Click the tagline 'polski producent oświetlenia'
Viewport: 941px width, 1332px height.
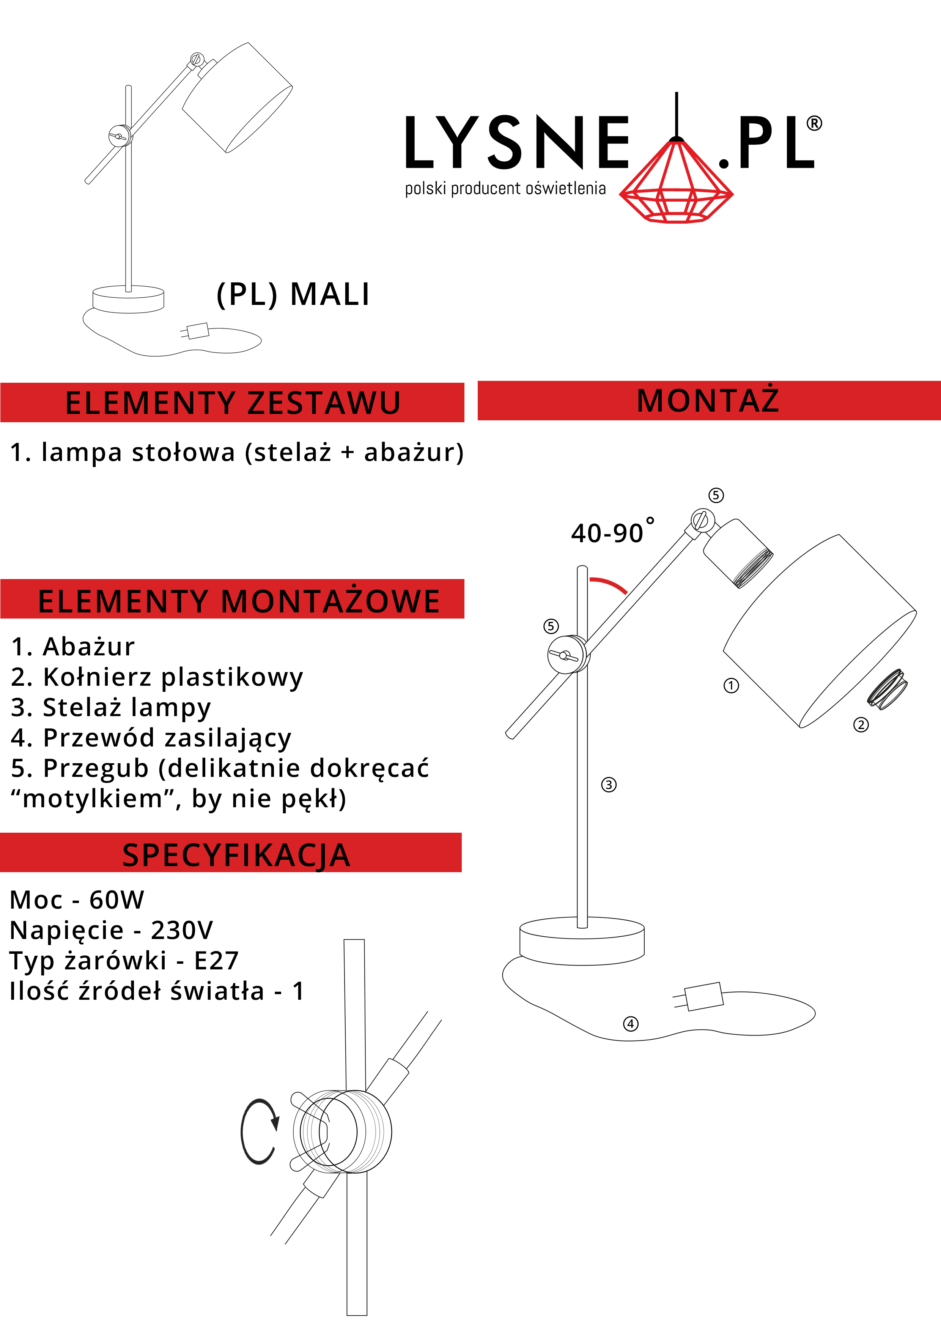point(505,189)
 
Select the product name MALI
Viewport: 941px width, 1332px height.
point(329,294)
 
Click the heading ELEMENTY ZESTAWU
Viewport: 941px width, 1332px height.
point(233,402)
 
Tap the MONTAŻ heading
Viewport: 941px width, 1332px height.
point(708,400)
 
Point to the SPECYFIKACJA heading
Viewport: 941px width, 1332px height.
point(236,855)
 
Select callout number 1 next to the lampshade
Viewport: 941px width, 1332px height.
point(731,686)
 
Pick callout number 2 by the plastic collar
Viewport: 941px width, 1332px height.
point(861,724)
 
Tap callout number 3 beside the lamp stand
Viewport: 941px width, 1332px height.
point(609,785)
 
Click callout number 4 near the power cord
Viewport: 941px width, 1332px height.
point(631,1024)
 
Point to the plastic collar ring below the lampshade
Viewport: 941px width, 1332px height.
point(887,689)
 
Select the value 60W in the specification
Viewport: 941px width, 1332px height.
point(116,900)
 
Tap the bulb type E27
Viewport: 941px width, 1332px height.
point(216,961)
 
